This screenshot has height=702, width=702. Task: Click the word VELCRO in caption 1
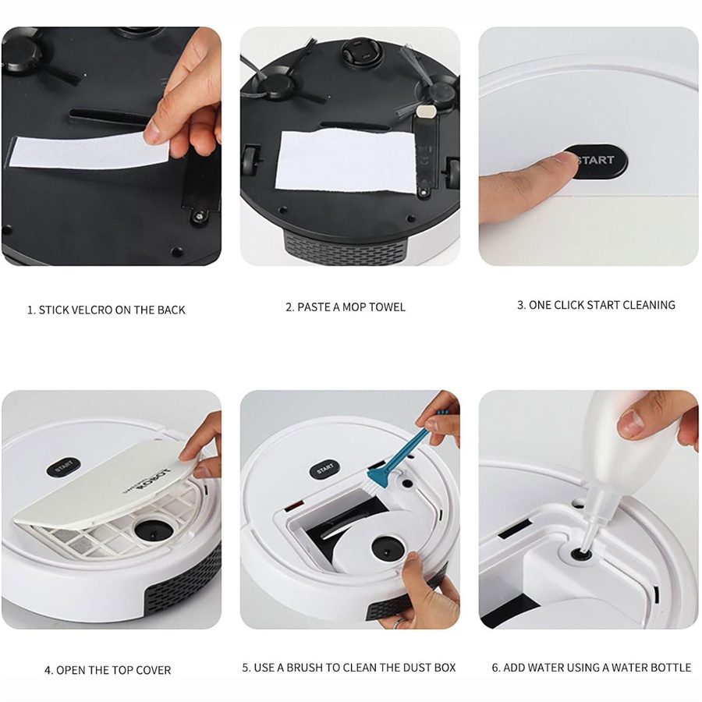pos(92,310)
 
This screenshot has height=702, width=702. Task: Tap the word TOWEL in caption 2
pos(387,307)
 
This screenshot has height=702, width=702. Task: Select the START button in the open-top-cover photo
pos(65,466)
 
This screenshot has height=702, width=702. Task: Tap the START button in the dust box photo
pos(325,469)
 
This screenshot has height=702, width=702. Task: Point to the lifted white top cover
pos(109,491)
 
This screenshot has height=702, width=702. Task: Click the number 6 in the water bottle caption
pos(495,668)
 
